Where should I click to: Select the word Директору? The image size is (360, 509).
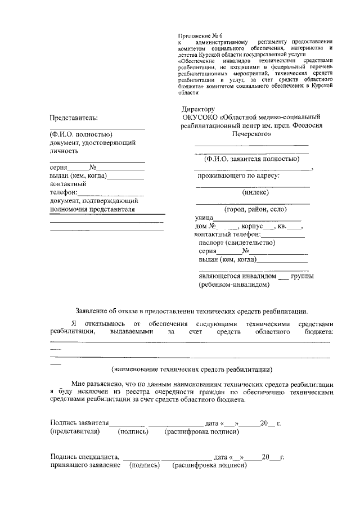199,109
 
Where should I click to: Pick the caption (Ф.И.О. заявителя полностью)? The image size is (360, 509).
251,159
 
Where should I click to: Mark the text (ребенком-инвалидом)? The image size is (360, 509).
233,285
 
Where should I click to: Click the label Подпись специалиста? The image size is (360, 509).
84,457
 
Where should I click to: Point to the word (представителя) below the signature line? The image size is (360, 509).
75,432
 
